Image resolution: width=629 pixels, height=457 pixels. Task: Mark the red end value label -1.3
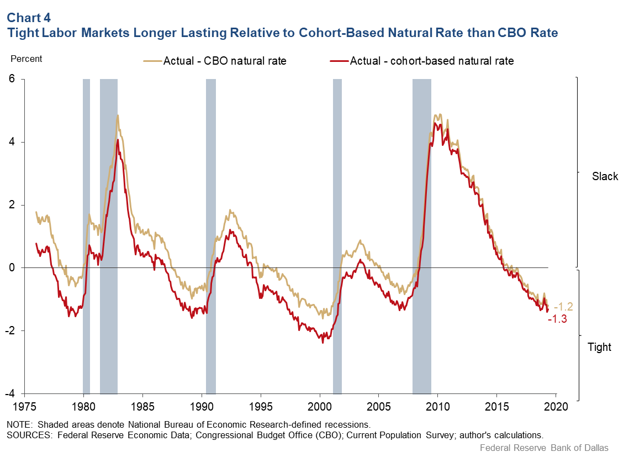[x=557, y=319]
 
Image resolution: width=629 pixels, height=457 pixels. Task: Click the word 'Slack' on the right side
[x=605, y=177]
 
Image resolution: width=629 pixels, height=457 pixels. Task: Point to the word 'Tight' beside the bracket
[x=599, y=348]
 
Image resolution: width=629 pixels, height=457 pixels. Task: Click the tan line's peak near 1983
[x=118, y=115]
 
